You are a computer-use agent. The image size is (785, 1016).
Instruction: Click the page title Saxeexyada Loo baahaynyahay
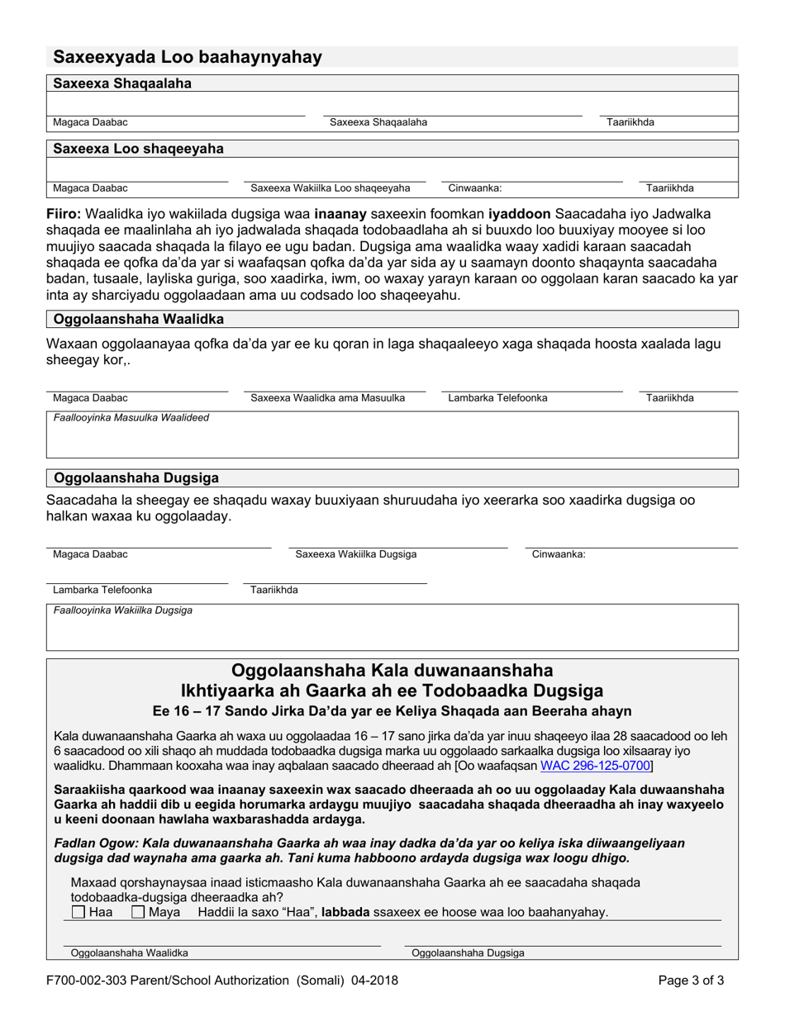[188, 57]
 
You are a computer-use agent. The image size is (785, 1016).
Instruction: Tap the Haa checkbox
[78, 912]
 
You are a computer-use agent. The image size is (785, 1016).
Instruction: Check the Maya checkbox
[138, 912]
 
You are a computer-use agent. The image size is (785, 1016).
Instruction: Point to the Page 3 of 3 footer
[692, 981]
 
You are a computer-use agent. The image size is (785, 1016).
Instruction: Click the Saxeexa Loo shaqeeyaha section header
[138, 149]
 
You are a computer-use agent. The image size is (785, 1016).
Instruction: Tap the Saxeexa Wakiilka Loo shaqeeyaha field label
[330, 188]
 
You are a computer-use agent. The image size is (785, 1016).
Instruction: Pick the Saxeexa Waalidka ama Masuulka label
[327, 398]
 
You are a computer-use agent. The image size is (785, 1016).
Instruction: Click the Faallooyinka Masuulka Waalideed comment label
[131, 418]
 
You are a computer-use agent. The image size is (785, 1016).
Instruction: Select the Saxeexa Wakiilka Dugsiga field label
[356, 554]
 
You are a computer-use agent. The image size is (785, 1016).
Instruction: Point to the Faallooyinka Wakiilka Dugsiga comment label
[123, 610]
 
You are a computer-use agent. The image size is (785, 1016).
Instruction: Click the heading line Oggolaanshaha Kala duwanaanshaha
[392, 669]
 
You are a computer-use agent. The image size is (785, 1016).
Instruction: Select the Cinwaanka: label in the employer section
[475, 188]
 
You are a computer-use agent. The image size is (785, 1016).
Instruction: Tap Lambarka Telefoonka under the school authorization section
[102, 591]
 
